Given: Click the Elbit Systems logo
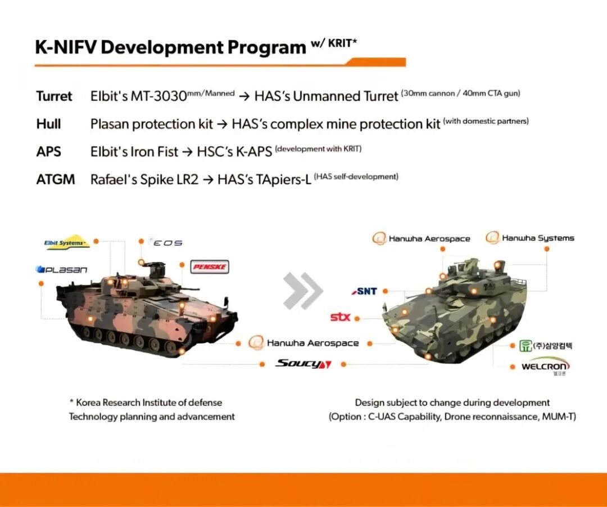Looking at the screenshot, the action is point(67,242).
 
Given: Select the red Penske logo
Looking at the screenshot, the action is point(210,266).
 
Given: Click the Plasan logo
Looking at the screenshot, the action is point(61,269).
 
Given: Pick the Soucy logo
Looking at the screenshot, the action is point(303,364).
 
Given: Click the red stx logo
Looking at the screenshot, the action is point(340,318).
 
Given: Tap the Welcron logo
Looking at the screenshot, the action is point(545,367).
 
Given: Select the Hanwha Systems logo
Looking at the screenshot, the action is point(529,238).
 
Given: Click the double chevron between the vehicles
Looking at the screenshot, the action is point(303,291).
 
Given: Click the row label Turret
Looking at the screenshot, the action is point(54,96).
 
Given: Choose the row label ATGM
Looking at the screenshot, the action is point(55,179).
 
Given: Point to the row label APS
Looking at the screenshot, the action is point(48,151).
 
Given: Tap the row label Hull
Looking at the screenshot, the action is point(48,124).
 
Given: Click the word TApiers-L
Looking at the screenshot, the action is point(283,180).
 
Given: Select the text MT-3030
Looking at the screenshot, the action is point(158,96).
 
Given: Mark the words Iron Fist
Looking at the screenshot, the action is point(155,151).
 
